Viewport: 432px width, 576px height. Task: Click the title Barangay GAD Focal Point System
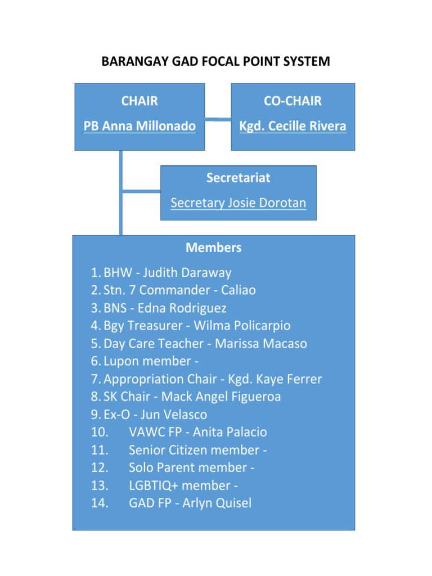tap(215, 61)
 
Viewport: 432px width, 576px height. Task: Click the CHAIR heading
tap(139, 101)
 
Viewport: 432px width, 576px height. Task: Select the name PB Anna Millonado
tap(139, 126)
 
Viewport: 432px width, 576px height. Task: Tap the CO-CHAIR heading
tap(292, 101)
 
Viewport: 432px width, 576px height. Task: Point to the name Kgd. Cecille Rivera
tap(292, 126)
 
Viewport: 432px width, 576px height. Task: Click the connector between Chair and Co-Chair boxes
tap(218, 119)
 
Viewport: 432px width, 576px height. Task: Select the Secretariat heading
tap(238, 178)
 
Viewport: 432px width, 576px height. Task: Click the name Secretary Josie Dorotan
tap(238, 202)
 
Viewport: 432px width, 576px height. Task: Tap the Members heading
tap(213, 247)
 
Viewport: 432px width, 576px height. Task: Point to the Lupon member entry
tap(151, 361)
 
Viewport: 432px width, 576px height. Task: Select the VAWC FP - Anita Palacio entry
tap(197, 432)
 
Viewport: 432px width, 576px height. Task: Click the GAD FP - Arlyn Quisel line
tap(190, 503)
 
